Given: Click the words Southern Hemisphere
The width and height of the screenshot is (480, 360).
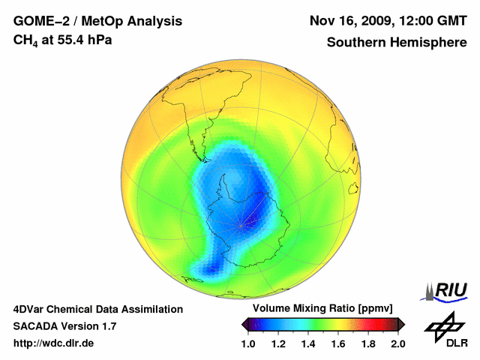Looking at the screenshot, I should [397, 42].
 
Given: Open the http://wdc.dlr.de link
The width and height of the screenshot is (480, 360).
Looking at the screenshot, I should [54, 343].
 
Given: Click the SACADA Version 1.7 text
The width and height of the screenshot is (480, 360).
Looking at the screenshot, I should [64, 326].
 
